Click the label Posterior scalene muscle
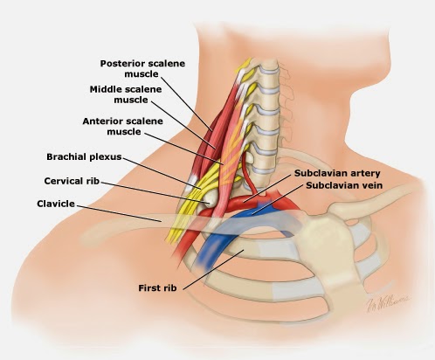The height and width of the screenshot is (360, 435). pyautogui.click(x=142, y=69)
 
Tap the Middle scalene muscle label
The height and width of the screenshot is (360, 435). pyautogui.click(x=126, y=94)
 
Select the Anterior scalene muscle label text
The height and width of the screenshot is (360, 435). pyautogui.click(x=122, y=126)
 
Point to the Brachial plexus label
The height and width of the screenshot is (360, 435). pyautogui.click(x=84, y=157)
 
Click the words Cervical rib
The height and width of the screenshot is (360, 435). pyautogui.click(x=72, y=181)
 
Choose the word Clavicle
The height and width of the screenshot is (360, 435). pyautogui.click(x=56, y=204)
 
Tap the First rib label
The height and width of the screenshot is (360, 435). pyautogui.click(x=157, y=288)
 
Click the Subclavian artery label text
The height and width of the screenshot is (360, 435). pyautogui.click(x=337, y=173)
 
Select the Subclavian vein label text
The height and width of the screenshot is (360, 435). pyautogui.click(x=344, y=185)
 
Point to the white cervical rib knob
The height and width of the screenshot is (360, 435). pyautogui.click(x=211, y=201)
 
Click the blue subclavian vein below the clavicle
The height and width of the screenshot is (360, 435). pyautogui.click(x=208, y=252)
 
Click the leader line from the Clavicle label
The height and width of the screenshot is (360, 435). pyautogui.click(x=119, y=213)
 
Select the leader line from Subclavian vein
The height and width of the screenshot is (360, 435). pyautogui.click(x=278, y=200)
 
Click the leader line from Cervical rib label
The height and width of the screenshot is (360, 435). pyautogui.click(x=155, y=191)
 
